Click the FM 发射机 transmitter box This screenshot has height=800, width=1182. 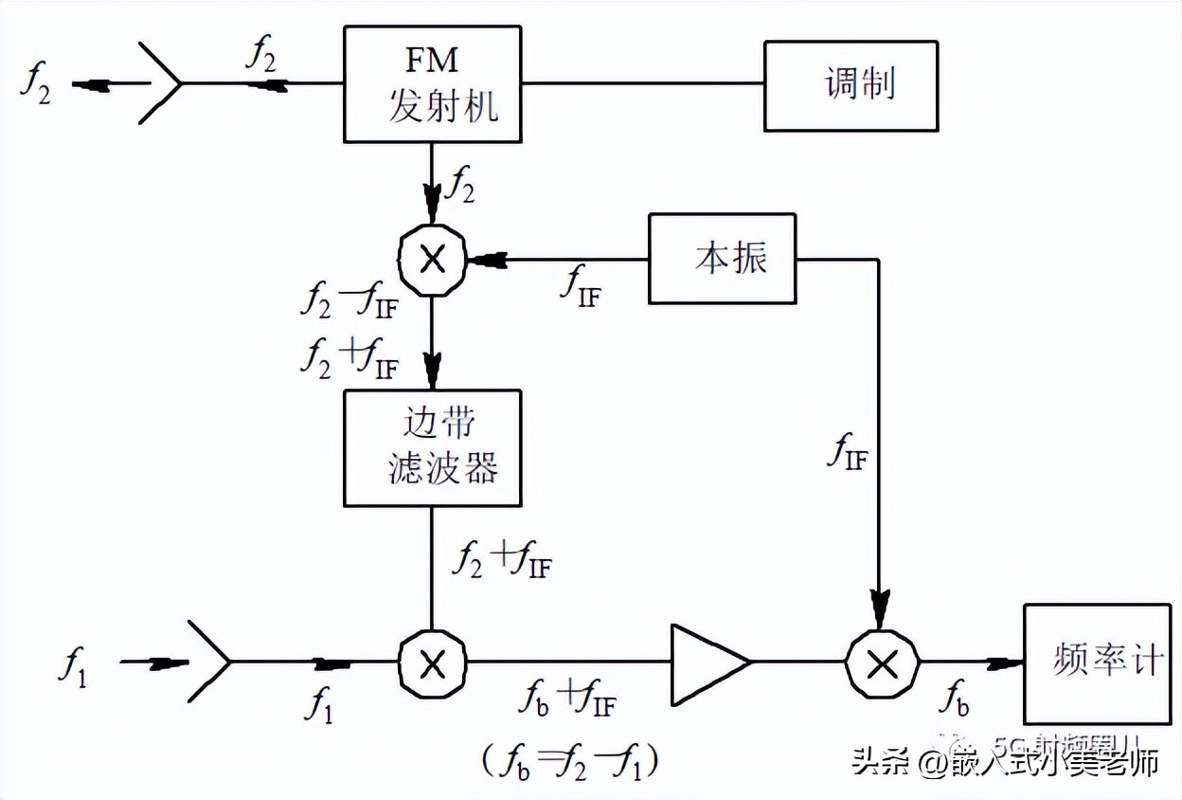point(432,84)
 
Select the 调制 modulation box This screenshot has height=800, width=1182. point(851,85)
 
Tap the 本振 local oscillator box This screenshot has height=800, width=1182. point(722,259)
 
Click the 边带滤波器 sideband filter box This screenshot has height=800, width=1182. point(432,447)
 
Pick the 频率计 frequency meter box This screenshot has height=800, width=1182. point(1101,663)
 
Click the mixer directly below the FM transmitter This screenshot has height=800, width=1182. point(432,258)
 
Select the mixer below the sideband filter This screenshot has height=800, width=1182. point(432,663)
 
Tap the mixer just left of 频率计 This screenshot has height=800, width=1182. point(882,663)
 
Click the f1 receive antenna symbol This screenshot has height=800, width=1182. point(208,662)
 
